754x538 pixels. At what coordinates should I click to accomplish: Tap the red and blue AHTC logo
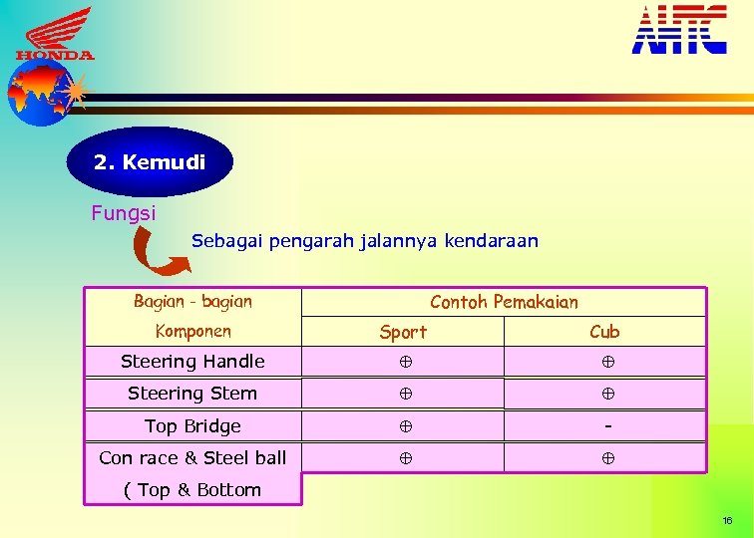tap(679, 29)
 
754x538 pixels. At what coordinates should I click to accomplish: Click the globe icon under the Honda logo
tap(42, 92)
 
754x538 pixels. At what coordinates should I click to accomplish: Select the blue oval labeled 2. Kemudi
tap(150, 161)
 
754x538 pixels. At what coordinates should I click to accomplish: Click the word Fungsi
tap(123, 212)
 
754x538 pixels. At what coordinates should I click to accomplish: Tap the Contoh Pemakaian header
tap(504, 301)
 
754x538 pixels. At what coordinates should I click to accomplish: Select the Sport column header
tap(403, 332)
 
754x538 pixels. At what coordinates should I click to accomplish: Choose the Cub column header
tap(604, 332)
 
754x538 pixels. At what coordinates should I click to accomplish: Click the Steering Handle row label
tap(192, 362)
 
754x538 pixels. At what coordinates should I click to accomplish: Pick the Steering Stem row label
tap(192, 394)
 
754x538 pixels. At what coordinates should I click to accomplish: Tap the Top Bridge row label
tap(192, 426)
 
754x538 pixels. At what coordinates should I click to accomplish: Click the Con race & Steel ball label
tap(192, 458)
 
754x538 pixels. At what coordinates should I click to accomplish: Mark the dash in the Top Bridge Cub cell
tap(606, 425)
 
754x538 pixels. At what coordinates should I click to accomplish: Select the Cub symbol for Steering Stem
tap(606, 394)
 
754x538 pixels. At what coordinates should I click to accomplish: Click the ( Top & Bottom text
tap(192, 490)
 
